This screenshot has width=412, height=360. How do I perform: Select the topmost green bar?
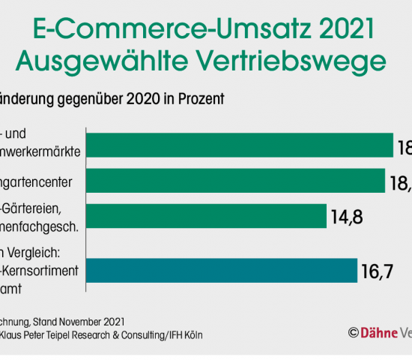(240, 145)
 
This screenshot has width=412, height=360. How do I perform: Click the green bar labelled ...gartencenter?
(236, 180)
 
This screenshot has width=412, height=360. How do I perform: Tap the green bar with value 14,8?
(207, 216)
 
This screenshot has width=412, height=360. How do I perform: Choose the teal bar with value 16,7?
(222, 270)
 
